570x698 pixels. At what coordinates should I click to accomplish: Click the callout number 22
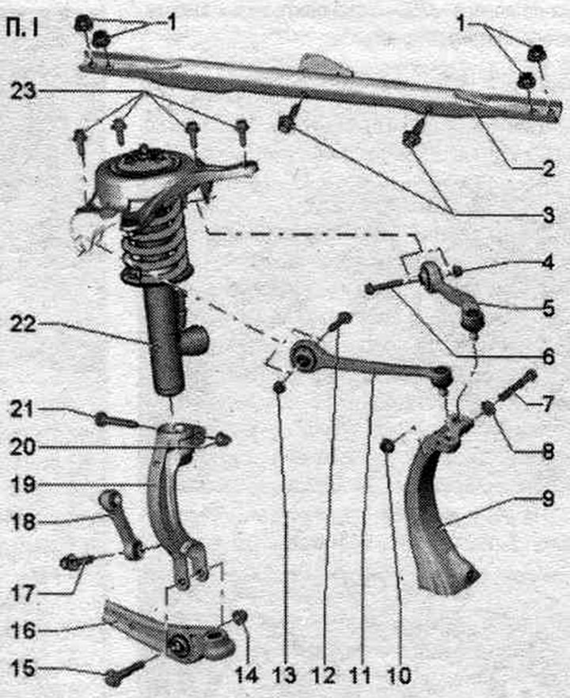(23, 324)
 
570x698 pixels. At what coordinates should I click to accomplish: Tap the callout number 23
(23, 91)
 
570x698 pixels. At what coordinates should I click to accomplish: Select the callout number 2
(549, 169)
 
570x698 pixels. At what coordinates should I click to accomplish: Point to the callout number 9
(548, 498)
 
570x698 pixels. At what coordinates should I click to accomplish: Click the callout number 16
(22, 630)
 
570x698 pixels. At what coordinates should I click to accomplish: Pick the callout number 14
(246, 676)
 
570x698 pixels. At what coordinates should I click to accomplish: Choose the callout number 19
(23, 484)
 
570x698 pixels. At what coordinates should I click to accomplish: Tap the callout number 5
(548, 308)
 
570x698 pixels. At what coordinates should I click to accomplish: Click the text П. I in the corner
(22, 28)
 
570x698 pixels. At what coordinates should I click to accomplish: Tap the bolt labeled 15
(125, 673)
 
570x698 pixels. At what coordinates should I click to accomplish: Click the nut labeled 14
(241, 617)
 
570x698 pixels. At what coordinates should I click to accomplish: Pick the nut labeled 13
(279, 387)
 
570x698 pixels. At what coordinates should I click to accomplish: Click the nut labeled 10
(389, 445)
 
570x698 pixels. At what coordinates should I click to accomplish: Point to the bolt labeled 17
(77, 561)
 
